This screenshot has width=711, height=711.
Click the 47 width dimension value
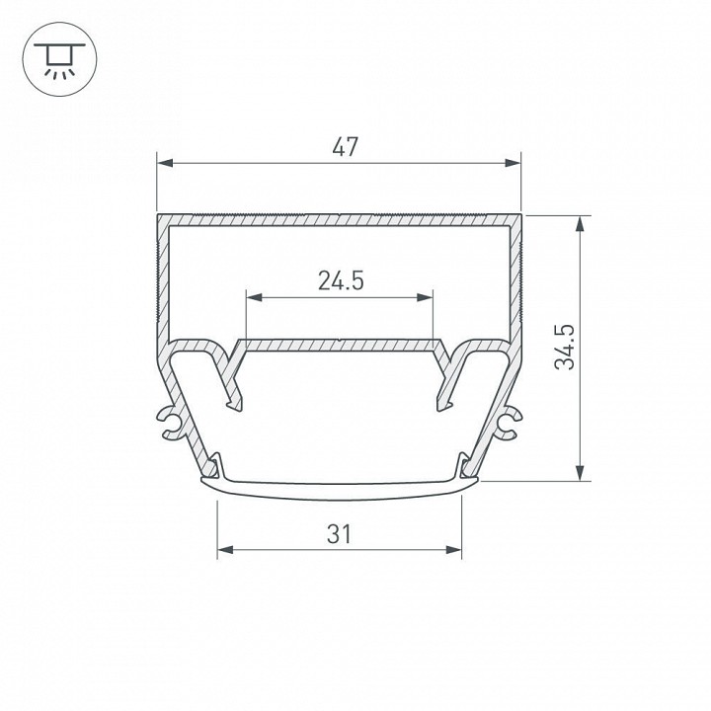[343, 148]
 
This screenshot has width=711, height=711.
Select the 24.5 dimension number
[341, 281]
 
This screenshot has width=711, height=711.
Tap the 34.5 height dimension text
[565, 346]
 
